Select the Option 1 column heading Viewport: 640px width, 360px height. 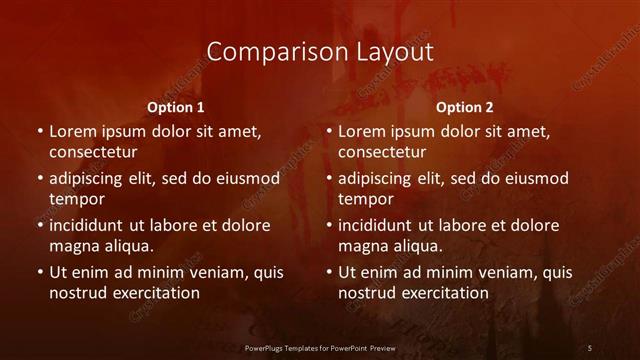(x=176, y=106)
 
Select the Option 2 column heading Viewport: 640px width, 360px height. (x=465, y=106)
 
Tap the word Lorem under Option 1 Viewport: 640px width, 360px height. (x=71, y=131)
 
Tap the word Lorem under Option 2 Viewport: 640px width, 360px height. (x=360, y=131)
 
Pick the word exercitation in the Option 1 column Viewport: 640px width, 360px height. (x=155, y=293)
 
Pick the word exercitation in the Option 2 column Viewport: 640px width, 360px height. (x=444, y=293)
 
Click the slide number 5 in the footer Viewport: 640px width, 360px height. (x=590, y=347)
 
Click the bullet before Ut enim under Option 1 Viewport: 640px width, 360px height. (x=39, y=272)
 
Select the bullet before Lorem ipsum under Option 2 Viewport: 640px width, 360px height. (x=328, y=131)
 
